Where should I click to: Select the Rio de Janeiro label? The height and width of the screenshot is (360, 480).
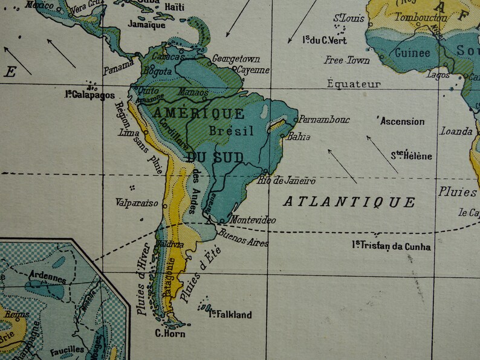coord(287,181)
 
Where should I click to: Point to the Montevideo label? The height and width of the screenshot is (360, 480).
coord(253,220)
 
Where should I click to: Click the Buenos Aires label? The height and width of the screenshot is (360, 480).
coord(242,237)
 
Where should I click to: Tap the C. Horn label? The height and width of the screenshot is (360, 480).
coord(170,333)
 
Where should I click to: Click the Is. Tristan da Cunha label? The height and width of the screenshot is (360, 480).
coord(392,246)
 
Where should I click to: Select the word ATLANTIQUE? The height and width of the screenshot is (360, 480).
coord(349,202)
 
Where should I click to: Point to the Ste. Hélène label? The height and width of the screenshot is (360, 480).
coord(411,155)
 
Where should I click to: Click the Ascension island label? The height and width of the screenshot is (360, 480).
coord(403,121)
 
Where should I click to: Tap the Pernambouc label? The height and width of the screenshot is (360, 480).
coord(325,120)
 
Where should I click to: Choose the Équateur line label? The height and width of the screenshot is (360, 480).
coord(354,85)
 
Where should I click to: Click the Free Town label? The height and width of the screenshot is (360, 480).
coord(346,60)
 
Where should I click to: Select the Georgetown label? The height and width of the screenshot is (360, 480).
coord(236,59)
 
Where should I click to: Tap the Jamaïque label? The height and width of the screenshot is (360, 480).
coord(147,25)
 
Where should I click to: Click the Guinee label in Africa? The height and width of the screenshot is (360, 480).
coord(412,53)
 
